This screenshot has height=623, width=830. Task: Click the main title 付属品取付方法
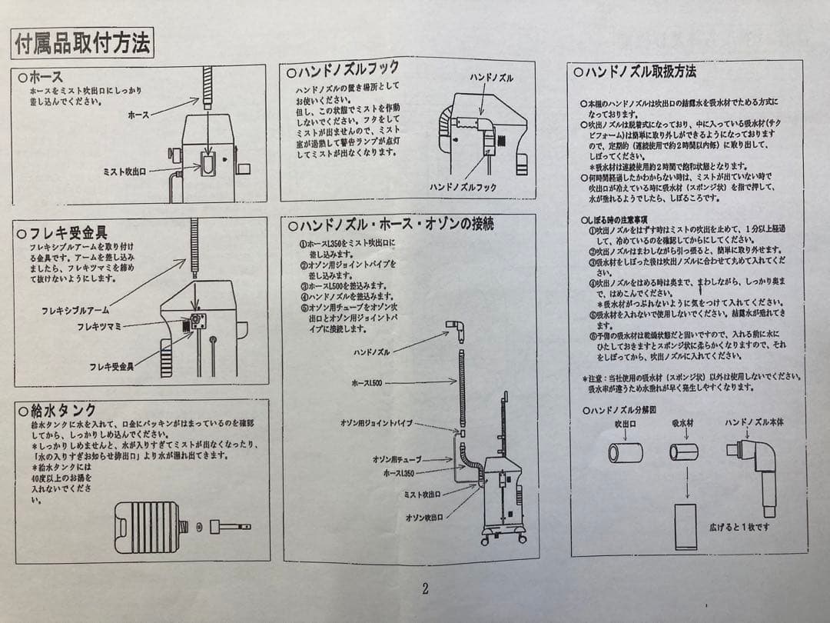click(82, 44)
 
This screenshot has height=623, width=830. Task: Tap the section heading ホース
click(45, 77)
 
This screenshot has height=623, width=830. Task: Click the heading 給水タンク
click(61, 410)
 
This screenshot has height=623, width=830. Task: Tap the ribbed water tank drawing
click(147, 527)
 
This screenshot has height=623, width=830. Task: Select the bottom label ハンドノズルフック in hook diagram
click(463, 187)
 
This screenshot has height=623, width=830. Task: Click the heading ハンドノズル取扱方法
click(639, 72)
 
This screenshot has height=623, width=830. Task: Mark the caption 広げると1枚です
click(739, 527)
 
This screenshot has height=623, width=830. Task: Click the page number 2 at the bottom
click(425, 589)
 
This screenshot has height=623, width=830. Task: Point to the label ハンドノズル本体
click(754, 423)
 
